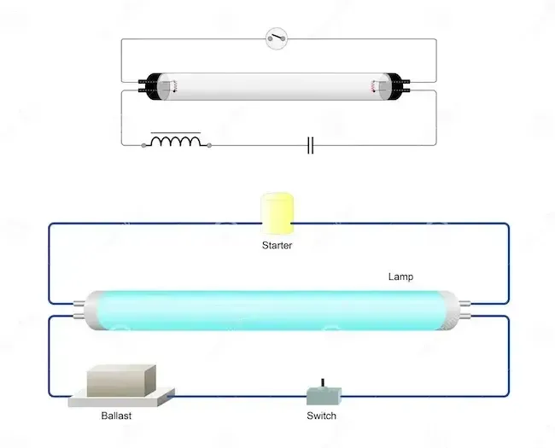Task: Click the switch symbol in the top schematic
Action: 277,38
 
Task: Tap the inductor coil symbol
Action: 176,139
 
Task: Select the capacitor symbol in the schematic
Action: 311,145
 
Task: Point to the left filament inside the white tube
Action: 174,86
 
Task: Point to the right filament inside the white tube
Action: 373,86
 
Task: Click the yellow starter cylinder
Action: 277,213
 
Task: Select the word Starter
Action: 277,245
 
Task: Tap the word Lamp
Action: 400,276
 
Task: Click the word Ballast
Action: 116,416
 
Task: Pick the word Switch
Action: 321,416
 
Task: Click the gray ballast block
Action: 121,381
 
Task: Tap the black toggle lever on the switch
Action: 323,384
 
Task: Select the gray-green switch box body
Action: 324,396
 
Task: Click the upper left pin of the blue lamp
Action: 79,303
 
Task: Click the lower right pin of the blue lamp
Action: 464,316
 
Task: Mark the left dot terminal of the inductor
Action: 143,145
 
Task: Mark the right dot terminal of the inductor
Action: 209,145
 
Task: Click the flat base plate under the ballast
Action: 121,399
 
